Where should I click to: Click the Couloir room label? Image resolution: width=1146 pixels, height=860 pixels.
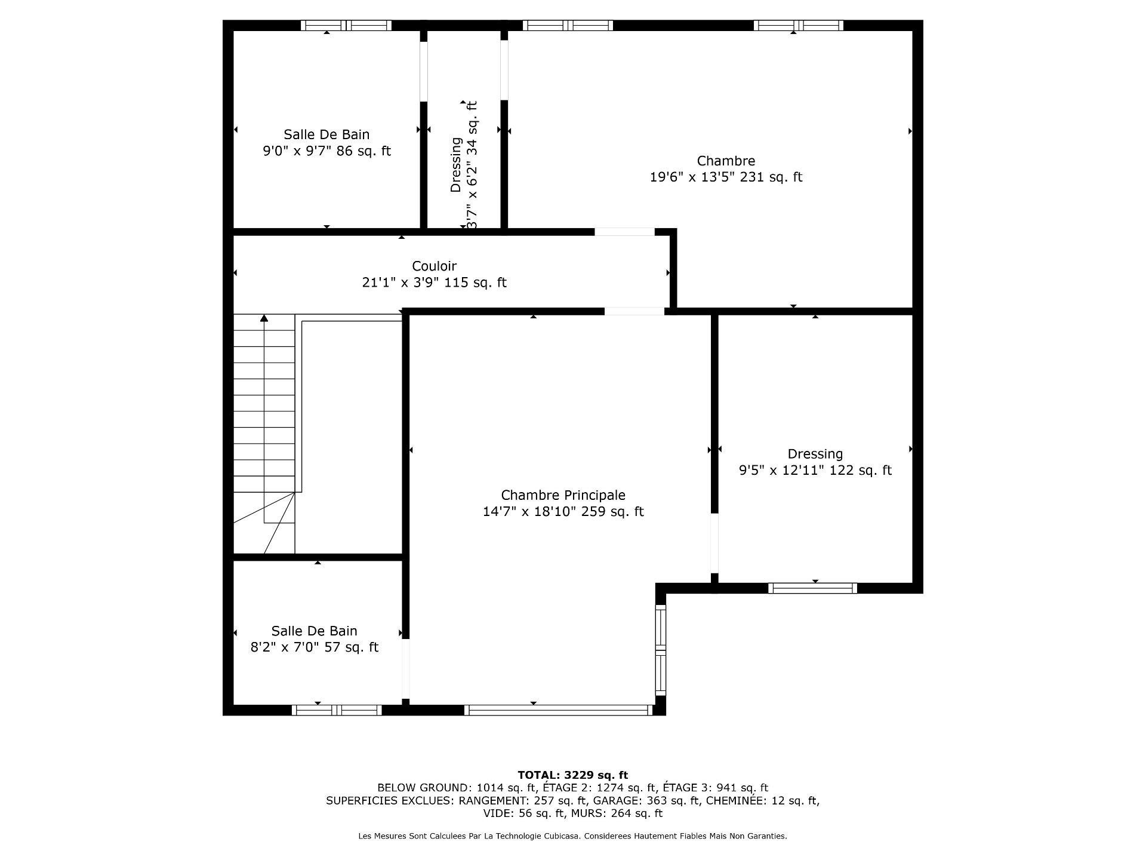tap(434, 266)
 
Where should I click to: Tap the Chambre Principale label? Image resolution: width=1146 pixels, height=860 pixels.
tap(563, 495)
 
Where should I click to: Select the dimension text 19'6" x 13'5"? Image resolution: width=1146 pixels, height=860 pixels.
tap(692, 177)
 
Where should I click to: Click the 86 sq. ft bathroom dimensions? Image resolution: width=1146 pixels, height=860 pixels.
tap(326, 151)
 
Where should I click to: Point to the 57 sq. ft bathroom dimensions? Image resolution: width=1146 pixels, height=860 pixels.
tap(315, 647)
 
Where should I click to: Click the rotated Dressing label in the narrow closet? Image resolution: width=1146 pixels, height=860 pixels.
tap(456, 165)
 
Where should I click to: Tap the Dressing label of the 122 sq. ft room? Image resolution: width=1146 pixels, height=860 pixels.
tap(815, 454)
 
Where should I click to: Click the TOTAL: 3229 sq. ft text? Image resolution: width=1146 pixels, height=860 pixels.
tap(572, 775)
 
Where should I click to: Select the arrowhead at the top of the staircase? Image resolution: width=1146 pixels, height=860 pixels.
tap(264, 318)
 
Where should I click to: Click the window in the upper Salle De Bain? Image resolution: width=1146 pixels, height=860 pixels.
tap(346, 25)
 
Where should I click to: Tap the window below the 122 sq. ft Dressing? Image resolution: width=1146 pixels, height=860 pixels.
tap(812, 588)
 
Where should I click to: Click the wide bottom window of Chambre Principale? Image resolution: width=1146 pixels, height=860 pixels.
tap(559, 710)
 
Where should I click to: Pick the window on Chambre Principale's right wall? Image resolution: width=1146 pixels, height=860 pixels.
tap(660, 650)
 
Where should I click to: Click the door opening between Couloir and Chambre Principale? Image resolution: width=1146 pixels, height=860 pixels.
tap(634, 311)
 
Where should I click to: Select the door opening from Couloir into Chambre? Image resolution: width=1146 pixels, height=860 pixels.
tap(625, 232)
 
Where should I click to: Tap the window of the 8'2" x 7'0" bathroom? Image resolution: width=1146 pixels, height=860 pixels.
tap(337, 710)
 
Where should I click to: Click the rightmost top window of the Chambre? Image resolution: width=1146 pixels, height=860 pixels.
tap(798, 25)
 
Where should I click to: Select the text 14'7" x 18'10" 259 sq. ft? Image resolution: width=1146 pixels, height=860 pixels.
tap(563, 512)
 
